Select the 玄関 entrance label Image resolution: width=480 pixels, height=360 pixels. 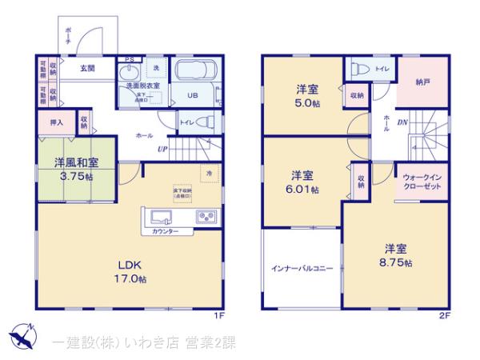click(87, 69)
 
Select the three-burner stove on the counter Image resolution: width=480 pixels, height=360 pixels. click(204, 217)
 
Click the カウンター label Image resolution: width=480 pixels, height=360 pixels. click(165, 232)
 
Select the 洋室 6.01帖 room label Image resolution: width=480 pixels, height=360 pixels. click(302, 181)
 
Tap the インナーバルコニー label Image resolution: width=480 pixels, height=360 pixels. click(302, 268)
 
